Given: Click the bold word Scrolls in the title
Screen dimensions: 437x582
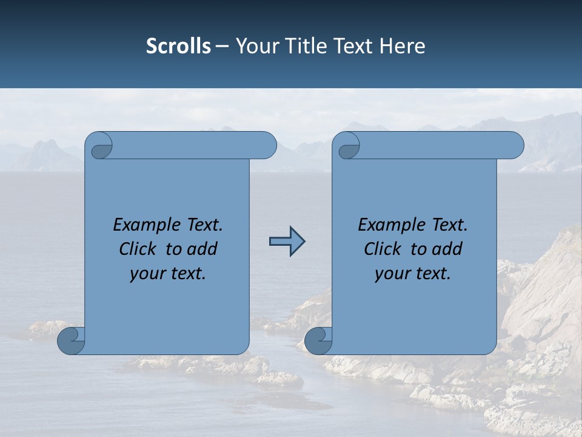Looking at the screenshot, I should [178, 46].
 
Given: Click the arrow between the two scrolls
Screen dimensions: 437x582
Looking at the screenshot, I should [287, 241].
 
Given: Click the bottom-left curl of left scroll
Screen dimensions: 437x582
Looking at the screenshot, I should [70, 340].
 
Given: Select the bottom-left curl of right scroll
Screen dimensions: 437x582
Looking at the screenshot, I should [318, 340].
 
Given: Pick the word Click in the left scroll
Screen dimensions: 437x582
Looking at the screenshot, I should [139, 249].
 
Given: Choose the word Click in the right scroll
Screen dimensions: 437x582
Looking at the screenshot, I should [383, 249].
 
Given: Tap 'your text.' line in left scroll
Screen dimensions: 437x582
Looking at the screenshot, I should [168, 274].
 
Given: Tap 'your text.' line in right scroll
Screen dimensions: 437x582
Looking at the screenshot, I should [413, 274].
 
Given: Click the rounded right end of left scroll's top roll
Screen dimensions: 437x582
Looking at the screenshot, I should [267, 146].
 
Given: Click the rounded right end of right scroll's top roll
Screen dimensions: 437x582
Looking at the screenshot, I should [515, 146].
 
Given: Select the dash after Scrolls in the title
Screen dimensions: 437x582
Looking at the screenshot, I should [222, 47].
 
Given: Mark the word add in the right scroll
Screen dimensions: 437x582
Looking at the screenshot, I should [447, 249].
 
